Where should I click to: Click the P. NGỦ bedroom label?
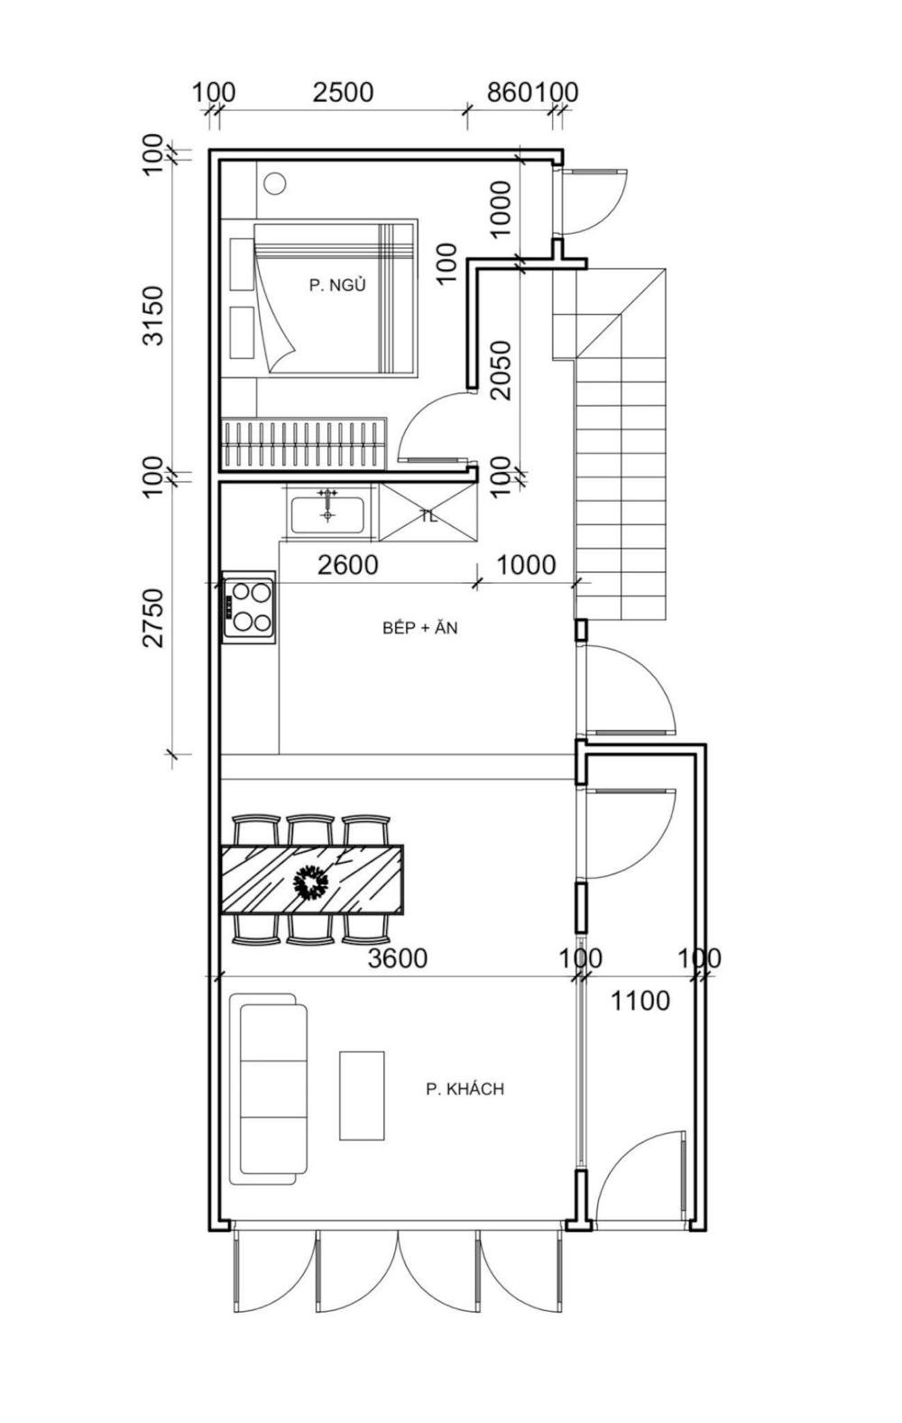337,285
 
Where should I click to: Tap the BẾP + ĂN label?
419,628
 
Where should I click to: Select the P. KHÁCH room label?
465,1089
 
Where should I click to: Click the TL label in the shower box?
429,516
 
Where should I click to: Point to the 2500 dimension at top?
343,92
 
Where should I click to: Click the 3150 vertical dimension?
153,315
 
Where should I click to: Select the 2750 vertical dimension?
153,617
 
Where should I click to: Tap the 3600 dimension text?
398,958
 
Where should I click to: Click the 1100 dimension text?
640,1001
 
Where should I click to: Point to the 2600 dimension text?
348,564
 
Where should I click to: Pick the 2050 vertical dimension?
502,370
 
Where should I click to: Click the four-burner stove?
249,607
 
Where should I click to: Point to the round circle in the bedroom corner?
275,183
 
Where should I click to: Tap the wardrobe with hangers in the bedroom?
304,443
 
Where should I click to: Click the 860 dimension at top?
510,92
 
